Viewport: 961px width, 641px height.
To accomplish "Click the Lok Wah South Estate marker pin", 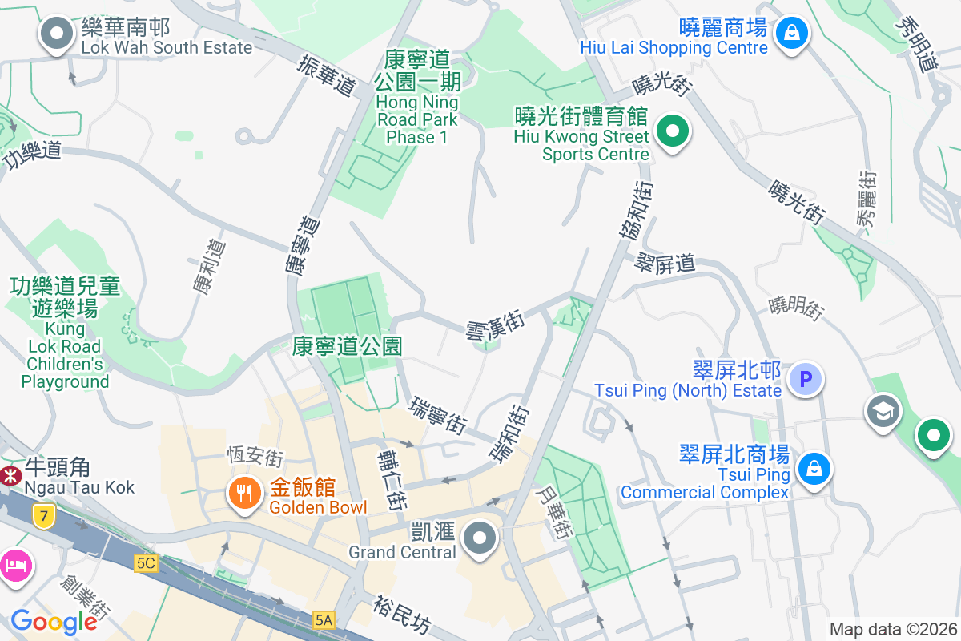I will click(x=56, y=34).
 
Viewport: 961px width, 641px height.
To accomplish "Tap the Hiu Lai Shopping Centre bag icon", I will click(x=791, y=34).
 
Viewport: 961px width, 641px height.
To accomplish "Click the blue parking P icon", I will click(x=806, y=378).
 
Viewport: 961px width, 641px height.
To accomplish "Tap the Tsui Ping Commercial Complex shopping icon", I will click(x=814, y=467).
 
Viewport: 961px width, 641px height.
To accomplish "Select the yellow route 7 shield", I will click(x=43, y=516).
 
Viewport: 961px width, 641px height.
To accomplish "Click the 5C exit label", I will click(x=146, y=563).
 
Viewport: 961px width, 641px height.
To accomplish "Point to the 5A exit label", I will click(x=324, y=619).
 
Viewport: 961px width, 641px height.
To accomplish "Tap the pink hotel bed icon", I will click(x=16, y=565).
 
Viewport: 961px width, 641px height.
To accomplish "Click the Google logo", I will click(x=54, y=621).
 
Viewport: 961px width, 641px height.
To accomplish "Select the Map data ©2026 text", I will click(x=893, y=629).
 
